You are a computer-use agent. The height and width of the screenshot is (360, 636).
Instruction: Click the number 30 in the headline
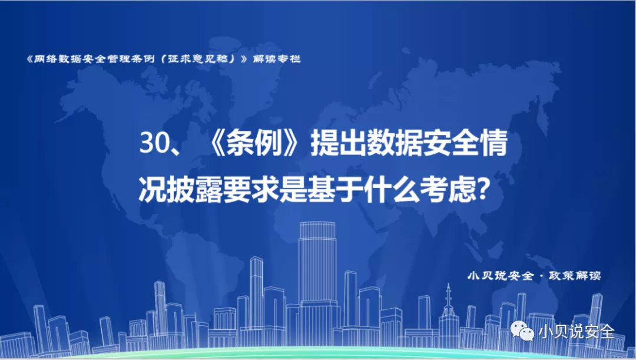click(153, 143)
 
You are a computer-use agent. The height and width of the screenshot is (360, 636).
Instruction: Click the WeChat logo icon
click(522, 331)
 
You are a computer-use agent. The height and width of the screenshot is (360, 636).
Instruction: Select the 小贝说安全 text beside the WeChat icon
click(577, 332)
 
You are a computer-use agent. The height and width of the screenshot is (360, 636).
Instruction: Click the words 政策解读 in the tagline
click(575, 276)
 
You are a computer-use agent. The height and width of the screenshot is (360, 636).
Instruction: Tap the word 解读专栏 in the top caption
click(277, 59)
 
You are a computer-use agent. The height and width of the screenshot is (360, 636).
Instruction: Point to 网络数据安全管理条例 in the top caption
click(94, 59)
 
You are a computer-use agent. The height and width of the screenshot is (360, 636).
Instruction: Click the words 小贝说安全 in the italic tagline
click(500, 276)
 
